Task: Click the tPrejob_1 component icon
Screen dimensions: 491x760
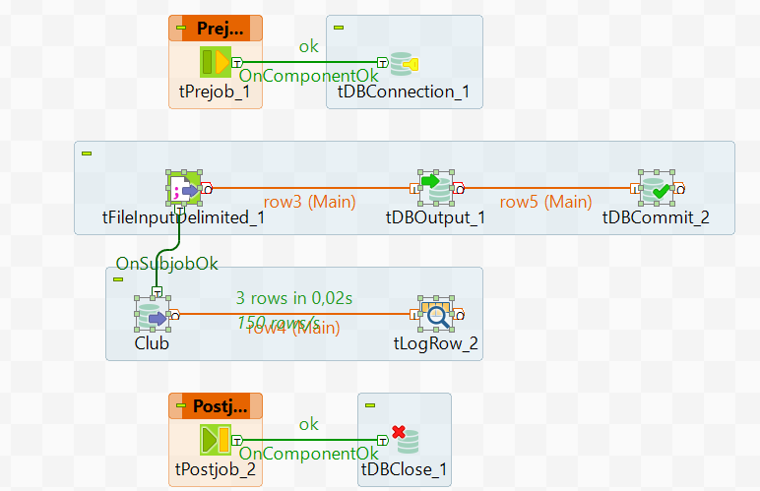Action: point(216,64)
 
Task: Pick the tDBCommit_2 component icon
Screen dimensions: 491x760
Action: point(654,187)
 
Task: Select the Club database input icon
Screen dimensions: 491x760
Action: point(152,315)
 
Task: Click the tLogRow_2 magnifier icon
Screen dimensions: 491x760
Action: point(434,314)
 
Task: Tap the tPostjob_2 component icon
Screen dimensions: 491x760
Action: point(215,438)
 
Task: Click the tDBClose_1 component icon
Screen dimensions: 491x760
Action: point(403,439)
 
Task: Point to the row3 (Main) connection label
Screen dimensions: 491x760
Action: point(310,202)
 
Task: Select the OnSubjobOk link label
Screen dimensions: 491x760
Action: point(166,263)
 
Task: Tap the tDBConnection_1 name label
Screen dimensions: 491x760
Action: point(404,93)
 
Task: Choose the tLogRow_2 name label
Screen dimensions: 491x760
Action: point(435,343)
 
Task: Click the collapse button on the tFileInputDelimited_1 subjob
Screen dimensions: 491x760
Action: point(86,152)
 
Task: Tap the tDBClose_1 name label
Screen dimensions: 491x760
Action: point(404,468)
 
